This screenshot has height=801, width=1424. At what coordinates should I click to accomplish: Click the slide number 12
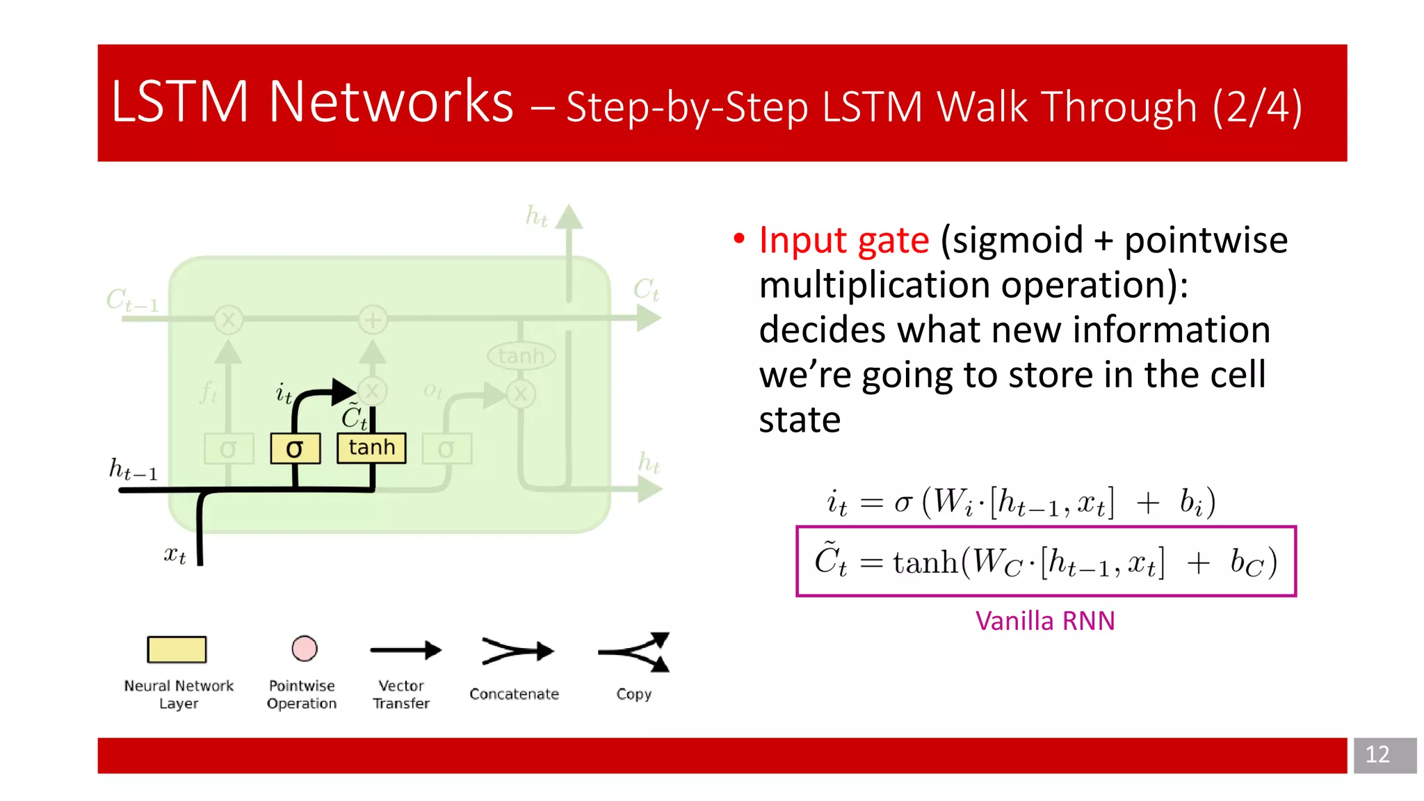[1377, 754]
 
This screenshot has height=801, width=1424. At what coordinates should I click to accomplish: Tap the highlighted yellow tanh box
[371, 448]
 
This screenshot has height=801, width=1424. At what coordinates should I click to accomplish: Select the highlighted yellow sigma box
[295, 448]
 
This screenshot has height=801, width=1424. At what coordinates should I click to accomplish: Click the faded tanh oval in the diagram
[521, 356]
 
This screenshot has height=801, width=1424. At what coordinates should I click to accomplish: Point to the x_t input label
[175, 555]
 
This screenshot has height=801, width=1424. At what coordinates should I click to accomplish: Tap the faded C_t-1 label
[132, 300]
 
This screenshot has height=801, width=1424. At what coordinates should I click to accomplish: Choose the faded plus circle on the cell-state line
[373, 320]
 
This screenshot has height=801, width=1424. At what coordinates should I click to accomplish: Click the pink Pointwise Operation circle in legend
[304, 649]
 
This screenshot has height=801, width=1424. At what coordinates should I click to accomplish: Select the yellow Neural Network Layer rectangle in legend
[177, 649]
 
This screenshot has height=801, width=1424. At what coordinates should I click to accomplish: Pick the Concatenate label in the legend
[514, 694]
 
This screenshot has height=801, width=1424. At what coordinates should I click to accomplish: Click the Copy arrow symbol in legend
[635, 652]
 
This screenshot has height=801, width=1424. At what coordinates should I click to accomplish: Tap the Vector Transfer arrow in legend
[405, 651]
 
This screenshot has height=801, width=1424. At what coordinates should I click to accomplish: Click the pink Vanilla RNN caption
[1044, 621]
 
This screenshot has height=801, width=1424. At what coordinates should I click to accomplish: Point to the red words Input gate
[843, 241]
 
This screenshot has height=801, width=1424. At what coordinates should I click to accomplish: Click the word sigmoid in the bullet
[1017, 241]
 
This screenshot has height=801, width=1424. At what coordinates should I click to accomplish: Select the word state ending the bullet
[800, 420]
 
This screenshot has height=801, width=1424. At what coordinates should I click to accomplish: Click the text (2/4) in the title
[1256, 107]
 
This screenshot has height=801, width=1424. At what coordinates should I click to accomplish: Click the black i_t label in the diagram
[284, 394]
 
